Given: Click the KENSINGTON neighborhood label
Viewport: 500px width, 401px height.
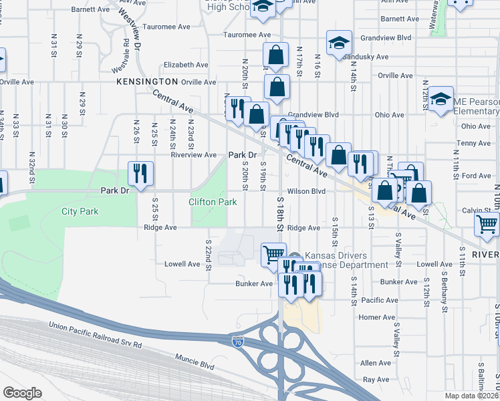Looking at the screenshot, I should coord(147,82).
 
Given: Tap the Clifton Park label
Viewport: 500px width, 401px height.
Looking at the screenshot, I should coord(213,201).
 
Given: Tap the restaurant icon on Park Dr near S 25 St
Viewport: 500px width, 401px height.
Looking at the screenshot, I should coord(140,174).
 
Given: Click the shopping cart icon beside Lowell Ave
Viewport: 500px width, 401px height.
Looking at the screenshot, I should coord(273,255).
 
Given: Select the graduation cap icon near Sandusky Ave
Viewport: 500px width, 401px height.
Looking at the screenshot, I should coord(339,43).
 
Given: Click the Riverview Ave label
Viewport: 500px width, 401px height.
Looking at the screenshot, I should coord(193,154).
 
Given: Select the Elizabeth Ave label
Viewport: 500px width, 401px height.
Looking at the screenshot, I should coord(186,65).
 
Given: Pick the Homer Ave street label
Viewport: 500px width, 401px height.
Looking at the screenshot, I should coord(378,317).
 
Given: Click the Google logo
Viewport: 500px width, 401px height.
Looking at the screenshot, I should coord(22,393).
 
